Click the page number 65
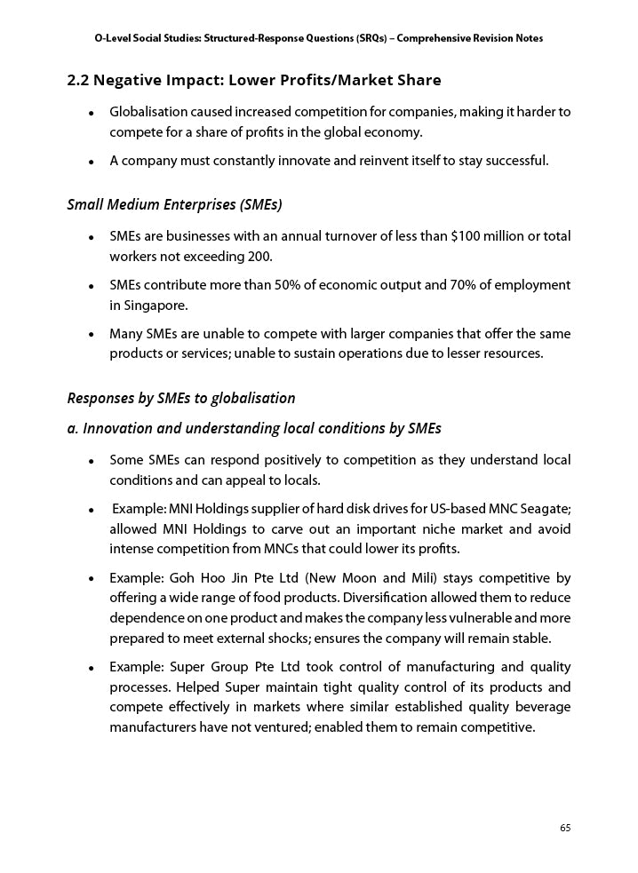pyautogui.click(x=564, y=828)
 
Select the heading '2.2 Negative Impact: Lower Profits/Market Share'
pyautogui.click(x=254, y=81)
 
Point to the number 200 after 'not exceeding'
pyautogui.click(x=259, y=257)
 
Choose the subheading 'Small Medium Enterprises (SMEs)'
pyautogui.click(x=174, y=204)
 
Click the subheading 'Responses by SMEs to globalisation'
pyautogui.click(x=181, y=397)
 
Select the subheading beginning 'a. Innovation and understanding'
pyautogui.click(x=254, y=428)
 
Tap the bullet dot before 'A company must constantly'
pyautogui.click(x=92, y=162)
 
